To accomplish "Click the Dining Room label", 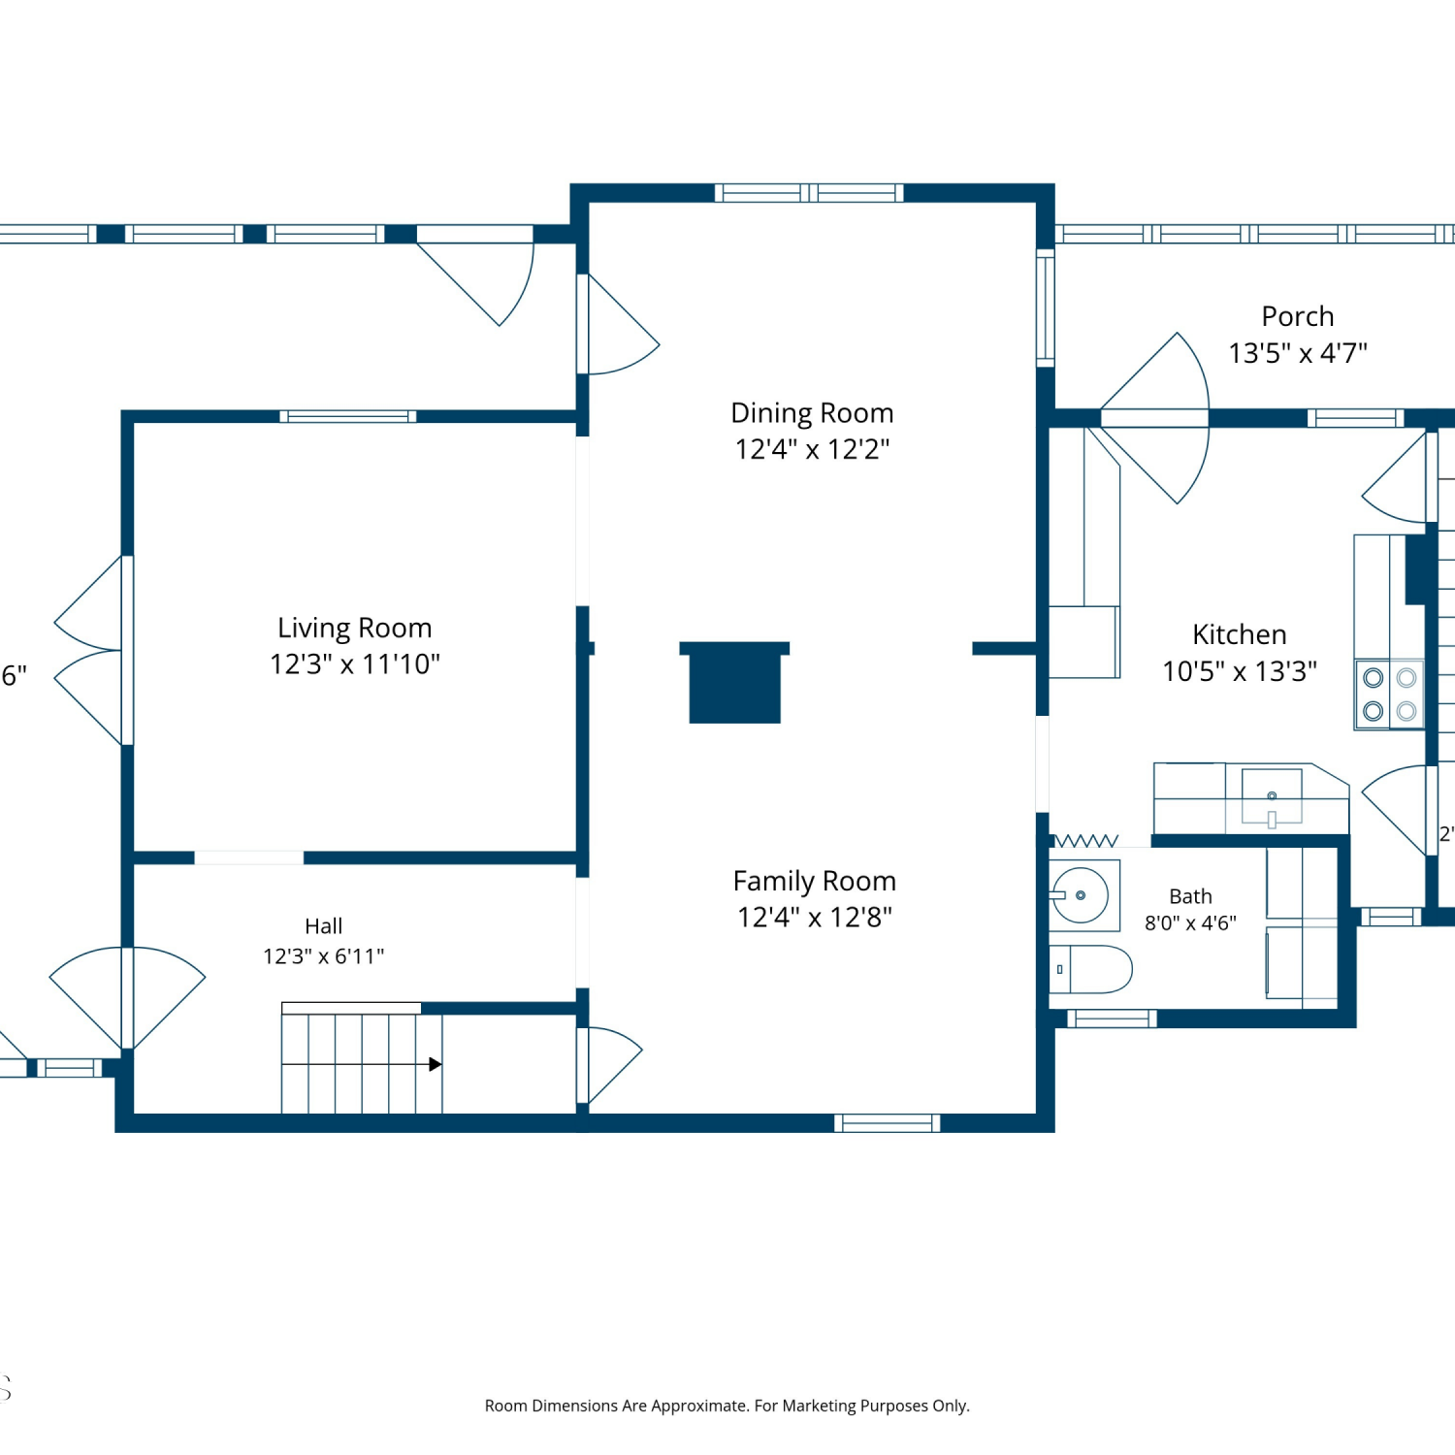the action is pos(812,413).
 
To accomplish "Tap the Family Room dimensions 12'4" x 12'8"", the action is pos(815,917).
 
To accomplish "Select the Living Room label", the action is pos(355,628).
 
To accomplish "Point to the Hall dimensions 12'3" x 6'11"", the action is pos(323,956).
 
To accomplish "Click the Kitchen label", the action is pos(1240,634).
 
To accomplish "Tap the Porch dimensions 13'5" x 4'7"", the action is pos(1298,353).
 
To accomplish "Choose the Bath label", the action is pos(1190,896).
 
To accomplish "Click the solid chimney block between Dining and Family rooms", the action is pos(734,682).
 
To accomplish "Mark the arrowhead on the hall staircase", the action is pos(436,1064).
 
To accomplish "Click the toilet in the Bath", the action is pos(1091,969).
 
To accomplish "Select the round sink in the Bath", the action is pos(1080,894).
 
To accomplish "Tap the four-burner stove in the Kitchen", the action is pos(1390,695).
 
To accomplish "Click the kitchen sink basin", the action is pos(1272,795).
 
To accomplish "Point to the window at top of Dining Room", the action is pos(809,193).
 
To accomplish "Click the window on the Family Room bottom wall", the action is pos(888,1123).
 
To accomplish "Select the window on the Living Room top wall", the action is pos(348,416).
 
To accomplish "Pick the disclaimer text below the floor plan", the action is pos(727,1406).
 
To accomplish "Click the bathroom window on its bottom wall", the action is pos(1112,1018).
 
